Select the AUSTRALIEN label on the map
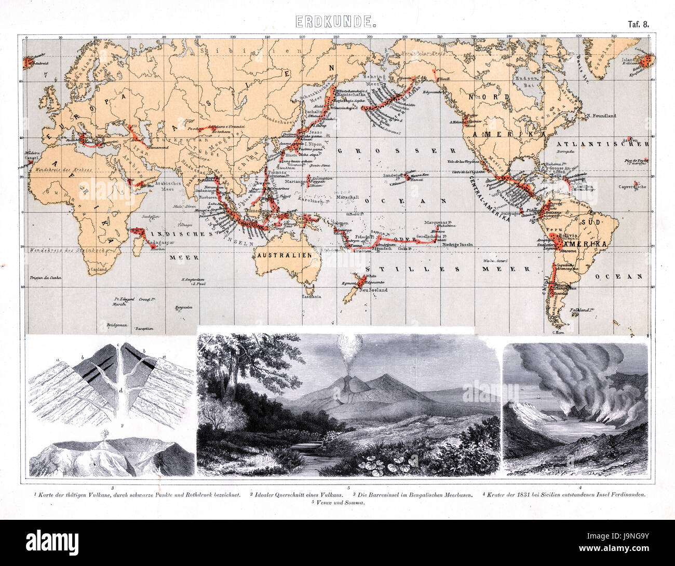[x=283, y=255]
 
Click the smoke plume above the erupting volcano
[x=348, y=345]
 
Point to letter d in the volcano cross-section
[x=120, y=390]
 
